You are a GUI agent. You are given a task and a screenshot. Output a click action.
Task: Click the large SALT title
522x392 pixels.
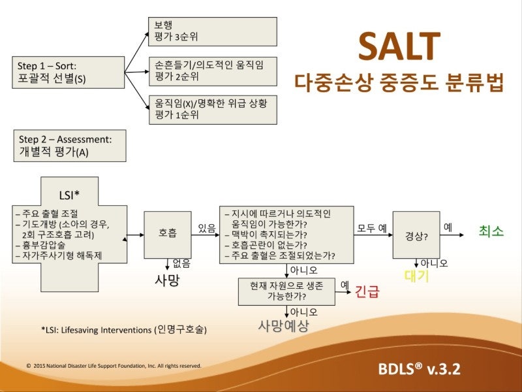[399, 46]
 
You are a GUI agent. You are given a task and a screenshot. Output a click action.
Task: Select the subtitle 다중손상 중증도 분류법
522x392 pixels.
[399, 83]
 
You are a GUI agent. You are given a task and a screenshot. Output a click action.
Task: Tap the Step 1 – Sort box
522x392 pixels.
[69, 73]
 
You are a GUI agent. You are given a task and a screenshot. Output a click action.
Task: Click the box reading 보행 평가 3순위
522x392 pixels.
[213, 31]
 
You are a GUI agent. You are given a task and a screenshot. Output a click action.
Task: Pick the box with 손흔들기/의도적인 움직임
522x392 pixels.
[213, 71]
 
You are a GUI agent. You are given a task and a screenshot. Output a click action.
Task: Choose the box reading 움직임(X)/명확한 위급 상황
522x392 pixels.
[213, 109]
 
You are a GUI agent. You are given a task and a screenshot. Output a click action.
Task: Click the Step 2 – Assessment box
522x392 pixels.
[70, 146]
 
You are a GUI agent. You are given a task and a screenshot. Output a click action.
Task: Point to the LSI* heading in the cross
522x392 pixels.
[69, 194]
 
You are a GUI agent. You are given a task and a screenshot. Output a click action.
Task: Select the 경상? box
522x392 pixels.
[416, 235]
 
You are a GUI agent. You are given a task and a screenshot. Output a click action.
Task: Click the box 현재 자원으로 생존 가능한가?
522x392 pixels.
[286, 291]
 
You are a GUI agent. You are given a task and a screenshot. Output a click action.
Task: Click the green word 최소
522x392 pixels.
[491, 231]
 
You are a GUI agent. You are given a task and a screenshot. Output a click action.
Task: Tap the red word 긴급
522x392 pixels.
[367, 291]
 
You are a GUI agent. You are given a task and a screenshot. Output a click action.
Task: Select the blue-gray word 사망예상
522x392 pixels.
[283, 325]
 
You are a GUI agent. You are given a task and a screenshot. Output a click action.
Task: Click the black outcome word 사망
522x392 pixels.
[166, 281]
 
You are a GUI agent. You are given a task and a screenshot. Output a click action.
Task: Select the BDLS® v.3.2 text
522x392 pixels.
[419, 368]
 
